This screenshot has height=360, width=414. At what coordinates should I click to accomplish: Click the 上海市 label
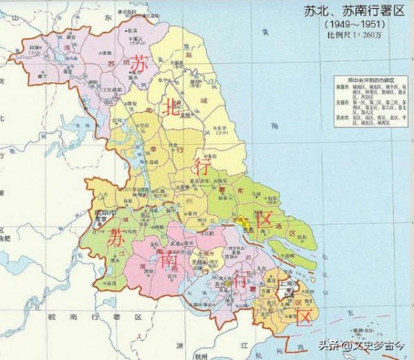[x=285, y=284]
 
